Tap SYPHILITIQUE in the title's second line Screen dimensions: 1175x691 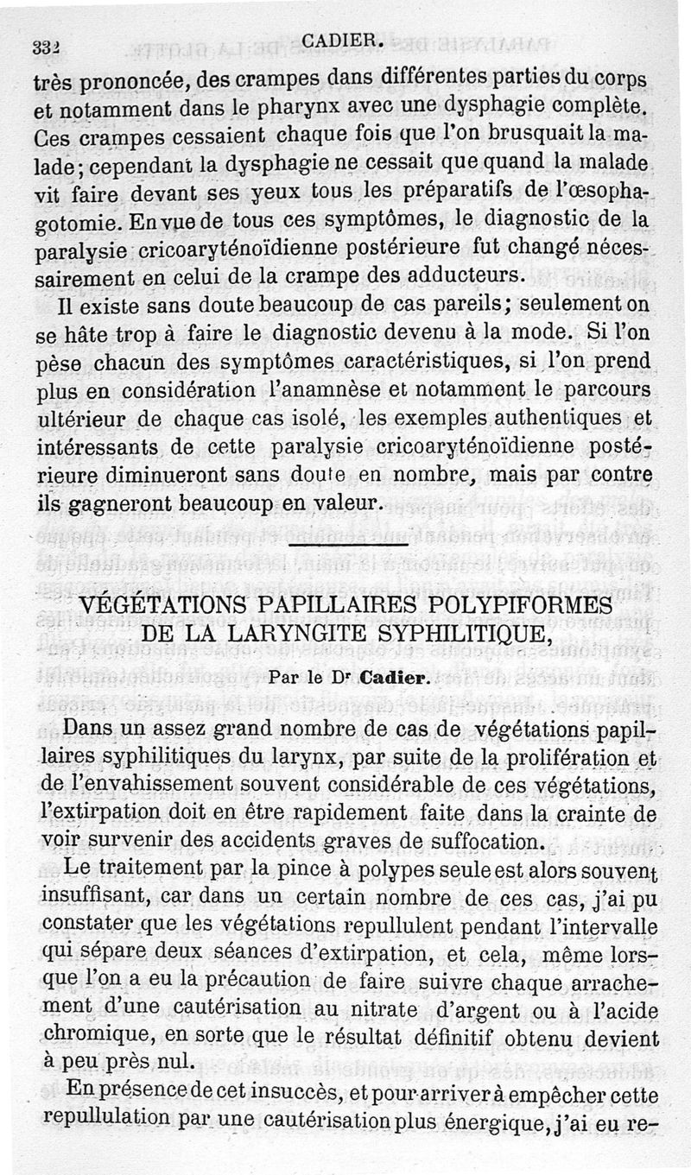click(x=467, y=635)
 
